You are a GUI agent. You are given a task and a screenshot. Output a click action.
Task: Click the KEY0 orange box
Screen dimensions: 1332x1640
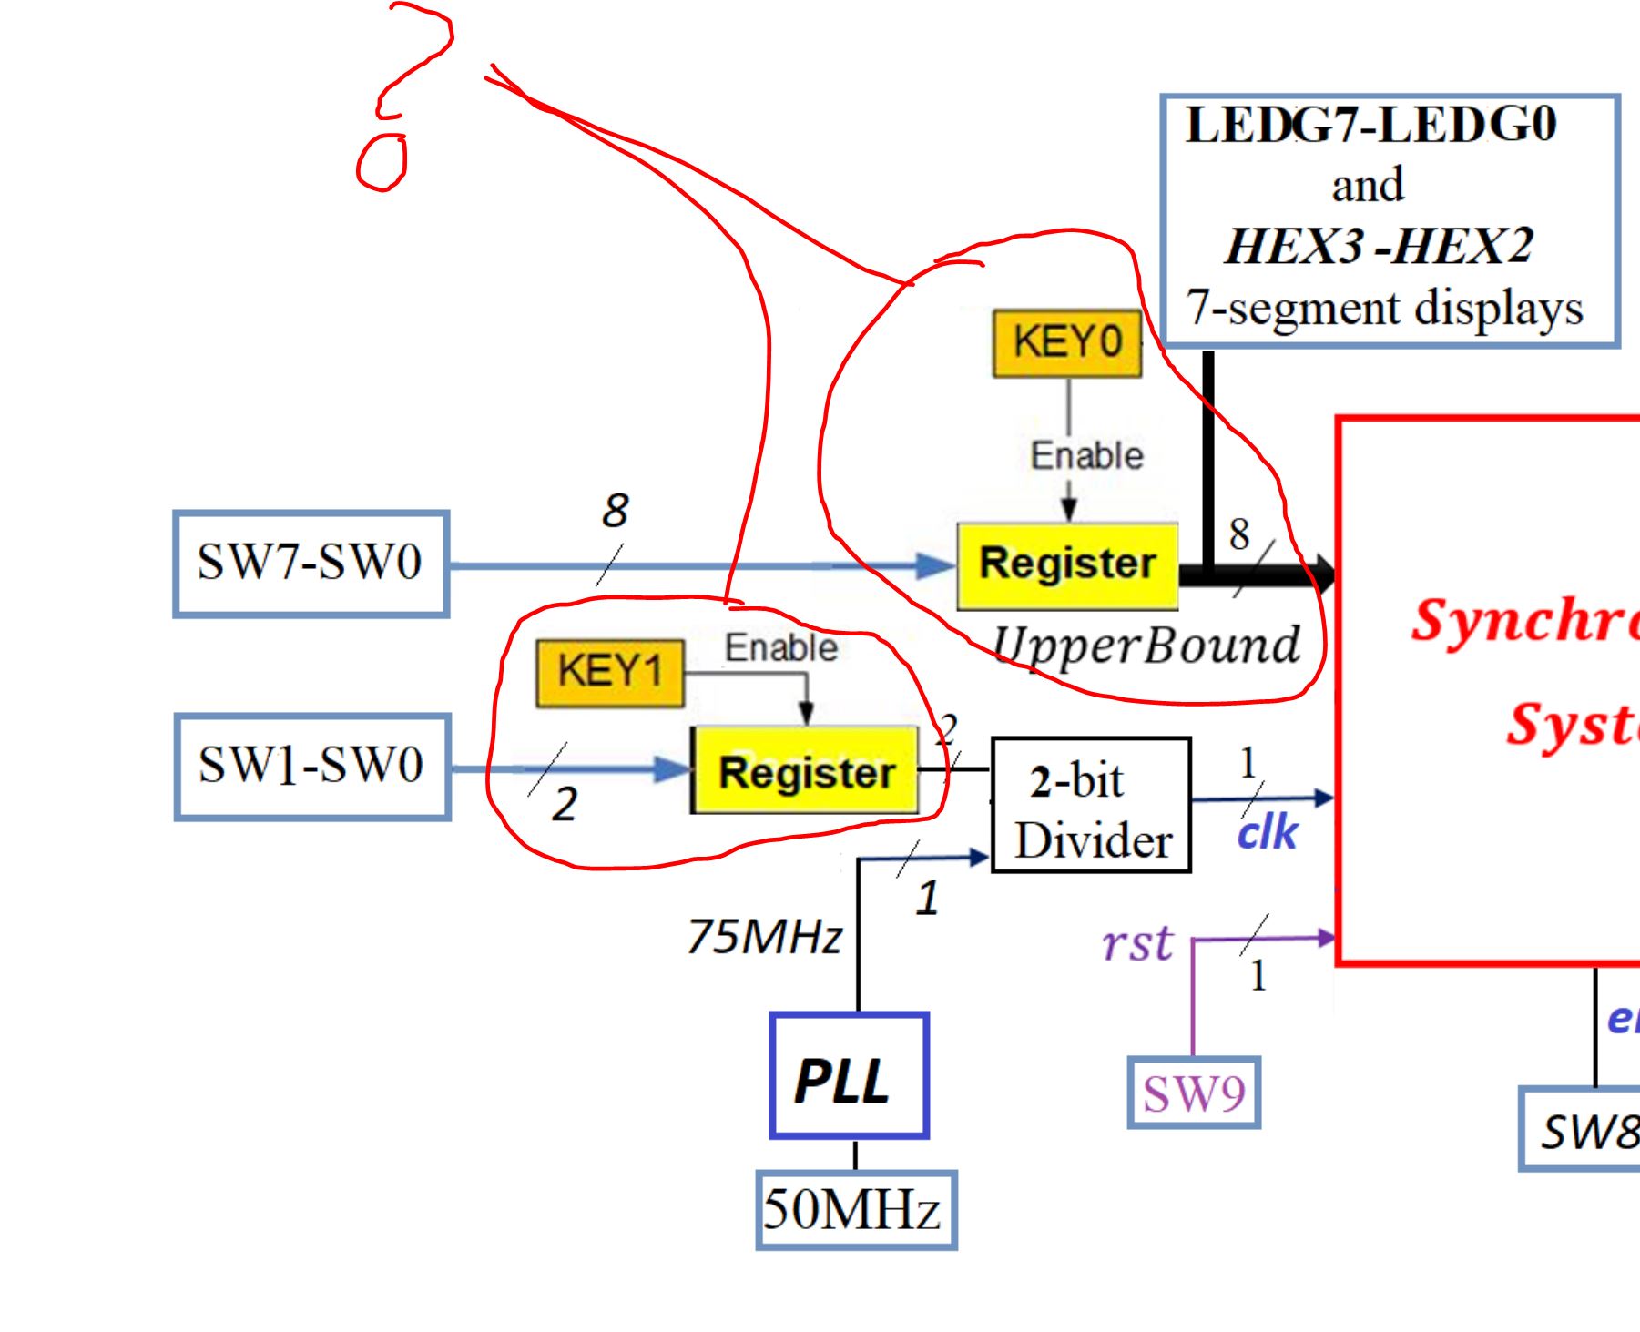coord(1066,343)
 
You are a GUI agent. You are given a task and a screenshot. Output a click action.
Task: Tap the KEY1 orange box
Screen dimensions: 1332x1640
coord(609,673)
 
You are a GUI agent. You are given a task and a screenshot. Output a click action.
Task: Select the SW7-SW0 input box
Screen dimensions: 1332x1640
coord(311,564)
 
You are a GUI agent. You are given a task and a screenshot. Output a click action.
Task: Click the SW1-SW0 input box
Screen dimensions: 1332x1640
coord(311,767)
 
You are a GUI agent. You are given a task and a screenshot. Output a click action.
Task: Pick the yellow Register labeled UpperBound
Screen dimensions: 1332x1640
coord(1067,564)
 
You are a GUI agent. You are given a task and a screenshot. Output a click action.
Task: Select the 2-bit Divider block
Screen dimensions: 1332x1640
coord(1090,805)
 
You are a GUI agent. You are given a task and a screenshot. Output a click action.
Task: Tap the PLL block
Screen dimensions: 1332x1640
coord(848,1076)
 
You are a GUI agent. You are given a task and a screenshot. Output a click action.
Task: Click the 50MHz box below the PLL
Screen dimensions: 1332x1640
coord(854,1210)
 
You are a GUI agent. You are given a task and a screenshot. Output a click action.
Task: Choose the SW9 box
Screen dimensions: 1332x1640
coord(1193,1093)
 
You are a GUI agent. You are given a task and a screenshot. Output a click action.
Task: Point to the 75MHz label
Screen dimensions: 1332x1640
coord(763,937)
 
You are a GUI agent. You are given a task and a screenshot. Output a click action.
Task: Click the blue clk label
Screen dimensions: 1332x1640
coord(1266,833)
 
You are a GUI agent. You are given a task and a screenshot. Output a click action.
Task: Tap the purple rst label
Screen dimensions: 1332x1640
coord(1136,944)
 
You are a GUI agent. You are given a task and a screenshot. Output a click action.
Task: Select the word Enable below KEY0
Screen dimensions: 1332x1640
coord(1086,455)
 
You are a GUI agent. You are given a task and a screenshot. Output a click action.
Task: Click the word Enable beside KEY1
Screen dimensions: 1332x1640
coord(780,648)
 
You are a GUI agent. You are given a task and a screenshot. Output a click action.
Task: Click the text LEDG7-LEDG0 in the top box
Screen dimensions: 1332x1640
coord(1370,125)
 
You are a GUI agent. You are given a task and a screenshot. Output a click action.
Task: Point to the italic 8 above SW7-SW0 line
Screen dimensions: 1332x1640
coord(616,510)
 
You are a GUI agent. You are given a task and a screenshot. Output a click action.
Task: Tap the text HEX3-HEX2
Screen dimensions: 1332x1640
coord(1378,246)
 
